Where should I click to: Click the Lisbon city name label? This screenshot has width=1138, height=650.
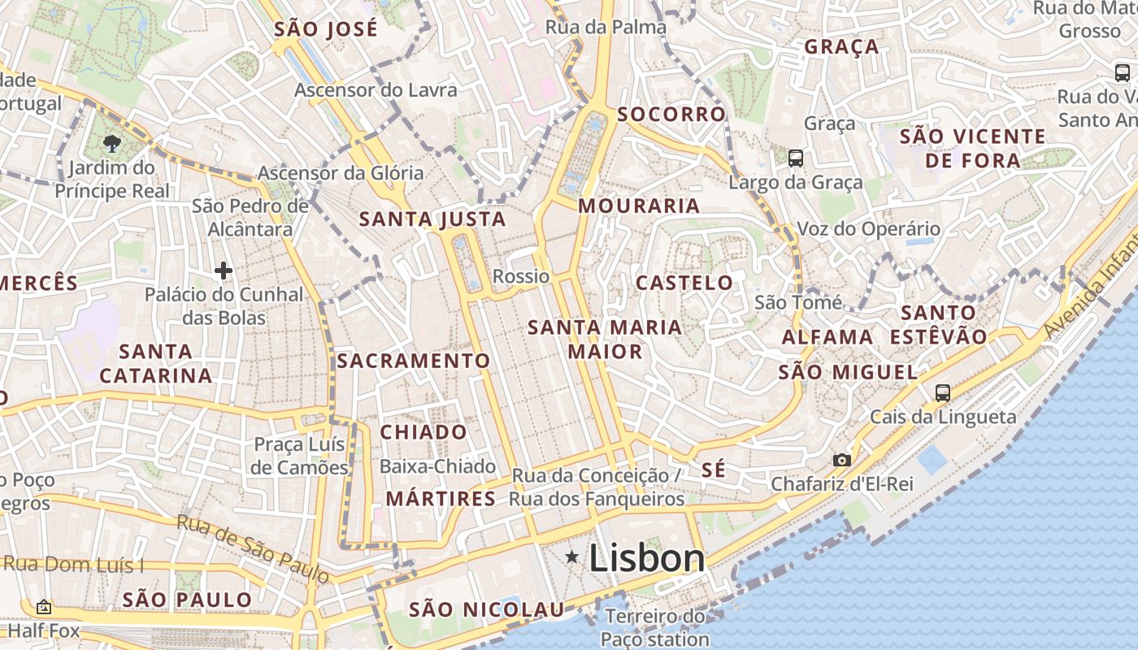pos(646,558)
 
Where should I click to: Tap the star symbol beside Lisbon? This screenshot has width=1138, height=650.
pos(573,557)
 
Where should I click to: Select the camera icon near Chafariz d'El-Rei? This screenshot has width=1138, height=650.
pos(841,460)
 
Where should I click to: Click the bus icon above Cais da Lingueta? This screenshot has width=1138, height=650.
pos(943,393)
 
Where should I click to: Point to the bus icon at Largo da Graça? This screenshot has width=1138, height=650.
pos(796,158)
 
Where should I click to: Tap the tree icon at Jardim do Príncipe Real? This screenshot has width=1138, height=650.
pos(111,144)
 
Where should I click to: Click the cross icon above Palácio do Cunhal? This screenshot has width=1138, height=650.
pos(224,270)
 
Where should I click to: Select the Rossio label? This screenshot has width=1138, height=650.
pos(521,276)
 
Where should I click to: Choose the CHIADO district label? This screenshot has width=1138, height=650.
pos(423,431)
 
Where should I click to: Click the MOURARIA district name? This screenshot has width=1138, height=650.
pos(639,206)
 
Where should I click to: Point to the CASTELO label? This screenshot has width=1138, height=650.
pos(684,283)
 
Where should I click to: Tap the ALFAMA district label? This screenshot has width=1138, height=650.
pos(827,336)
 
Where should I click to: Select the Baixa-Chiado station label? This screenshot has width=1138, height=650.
pos(438,466)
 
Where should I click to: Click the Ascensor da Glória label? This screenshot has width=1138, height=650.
pos(341,172)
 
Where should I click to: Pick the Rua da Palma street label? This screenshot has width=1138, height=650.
pos(606,27)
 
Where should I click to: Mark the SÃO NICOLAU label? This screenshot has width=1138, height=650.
pos(486,609)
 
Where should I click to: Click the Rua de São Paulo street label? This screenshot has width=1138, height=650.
pos(254,549)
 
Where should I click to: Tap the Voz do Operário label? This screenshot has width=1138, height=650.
pos(868,229)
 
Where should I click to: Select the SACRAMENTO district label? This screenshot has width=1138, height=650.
pos(414,361)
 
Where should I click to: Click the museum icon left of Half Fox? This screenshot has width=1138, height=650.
pos(44,607)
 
